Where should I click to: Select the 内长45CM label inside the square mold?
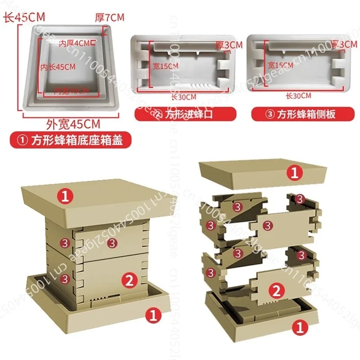point(58,67)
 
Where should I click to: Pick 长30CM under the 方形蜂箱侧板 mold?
point(298,95)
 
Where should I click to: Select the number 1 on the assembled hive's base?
point(153,315)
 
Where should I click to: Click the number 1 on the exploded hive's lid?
point(293,172)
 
